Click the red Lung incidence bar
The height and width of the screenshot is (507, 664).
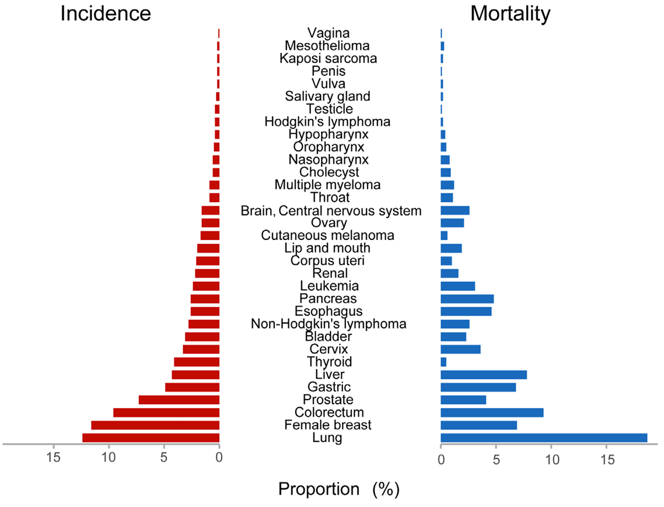pos(151,438)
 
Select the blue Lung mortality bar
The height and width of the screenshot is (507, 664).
pos(544,438)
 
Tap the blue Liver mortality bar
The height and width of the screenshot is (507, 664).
pos(484,374)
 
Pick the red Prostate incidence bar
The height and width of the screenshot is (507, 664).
pos(179,400)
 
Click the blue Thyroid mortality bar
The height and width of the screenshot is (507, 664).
pos(443,362)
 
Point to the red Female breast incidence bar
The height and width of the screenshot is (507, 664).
pos(155,425)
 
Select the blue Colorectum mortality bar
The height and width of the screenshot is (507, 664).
pos(492,412)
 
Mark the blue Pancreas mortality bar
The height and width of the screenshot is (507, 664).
pos(467,298)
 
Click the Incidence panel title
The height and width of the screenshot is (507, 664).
pos(106,13)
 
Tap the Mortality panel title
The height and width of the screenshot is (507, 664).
pos(510,13)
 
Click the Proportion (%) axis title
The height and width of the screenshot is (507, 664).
pos(338,489)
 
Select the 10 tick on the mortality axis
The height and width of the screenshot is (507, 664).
pos(551,460)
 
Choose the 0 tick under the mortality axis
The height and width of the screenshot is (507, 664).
pos(441,460)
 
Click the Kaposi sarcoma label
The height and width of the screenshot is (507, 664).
pos(328,58)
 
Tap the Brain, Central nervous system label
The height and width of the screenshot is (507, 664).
pos(331,211)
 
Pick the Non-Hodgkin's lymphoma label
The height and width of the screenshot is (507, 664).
pos(328,324)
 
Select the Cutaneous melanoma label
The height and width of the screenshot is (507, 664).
pos(327,235)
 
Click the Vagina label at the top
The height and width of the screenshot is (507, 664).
pos(328,33)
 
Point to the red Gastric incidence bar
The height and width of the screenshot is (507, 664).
pos(192,387)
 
